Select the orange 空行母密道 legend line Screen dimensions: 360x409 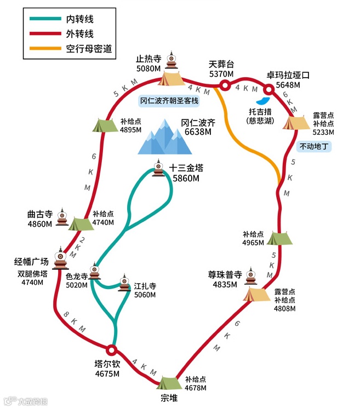coord(45,49)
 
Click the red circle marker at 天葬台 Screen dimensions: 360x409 coord(224,85)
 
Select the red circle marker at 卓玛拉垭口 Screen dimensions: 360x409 coord(269,90)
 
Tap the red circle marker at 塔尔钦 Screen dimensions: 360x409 coord(111,349)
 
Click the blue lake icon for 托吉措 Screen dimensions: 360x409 coord(263,101)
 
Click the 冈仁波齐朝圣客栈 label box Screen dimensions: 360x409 coord(169,101)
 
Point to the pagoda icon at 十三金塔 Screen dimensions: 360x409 coord(159,169)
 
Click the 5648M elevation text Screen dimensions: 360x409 coord(288,85)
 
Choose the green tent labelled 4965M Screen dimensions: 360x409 coord(280,238)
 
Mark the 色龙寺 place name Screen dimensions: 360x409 coord(77,277)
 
